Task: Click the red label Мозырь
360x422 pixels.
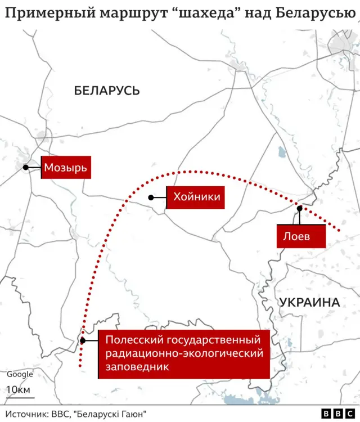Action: [x=66, y=167]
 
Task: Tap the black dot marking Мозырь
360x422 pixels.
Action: [x=26, y=167]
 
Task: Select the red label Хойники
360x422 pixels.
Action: [x=196, y=197]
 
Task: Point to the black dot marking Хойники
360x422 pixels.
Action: [x=151, y=197]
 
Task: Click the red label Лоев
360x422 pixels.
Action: [x=296, y=236]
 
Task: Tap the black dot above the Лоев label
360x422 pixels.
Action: [x=300, y=209]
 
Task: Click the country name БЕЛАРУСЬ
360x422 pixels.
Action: [x=107, y=91]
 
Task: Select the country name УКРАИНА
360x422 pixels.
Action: [x=309, y=302]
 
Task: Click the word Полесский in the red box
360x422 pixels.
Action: [x=129, y=340]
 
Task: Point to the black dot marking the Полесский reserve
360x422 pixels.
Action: [x=83, y=340]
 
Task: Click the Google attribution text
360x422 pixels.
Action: [x=20, y=374]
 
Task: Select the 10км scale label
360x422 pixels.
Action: [x=19, y=389]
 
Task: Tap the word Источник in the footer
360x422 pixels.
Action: [x=29, y=414]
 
